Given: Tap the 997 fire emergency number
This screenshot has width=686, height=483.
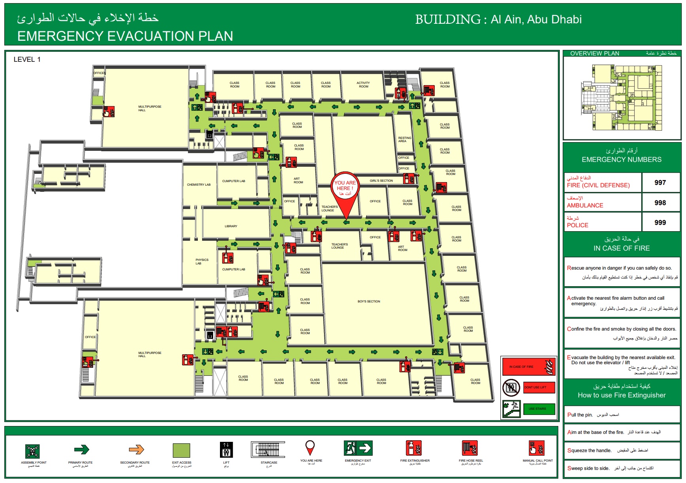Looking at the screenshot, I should [660, 183].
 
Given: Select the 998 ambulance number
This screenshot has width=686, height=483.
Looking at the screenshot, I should [660, 203].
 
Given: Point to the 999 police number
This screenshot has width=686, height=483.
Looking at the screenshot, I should [660, 222].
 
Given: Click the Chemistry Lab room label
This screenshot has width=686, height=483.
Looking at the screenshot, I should [199, 184].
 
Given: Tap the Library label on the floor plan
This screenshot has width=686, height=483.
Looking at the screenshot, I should [231, 226].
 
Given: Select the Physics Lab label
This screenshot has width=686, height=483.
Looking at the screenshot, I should [202, 262].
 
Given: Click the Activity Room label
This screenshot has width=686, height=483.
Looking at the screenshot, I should [363, 85].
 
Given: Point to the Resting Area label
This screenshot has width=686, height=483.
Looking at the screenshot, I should [404, 139].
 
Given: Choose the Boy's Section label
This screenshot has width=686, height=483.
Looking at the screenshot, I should [369, 302].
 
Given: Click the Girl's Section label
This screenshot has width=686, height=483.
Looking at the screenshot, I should [381, 181].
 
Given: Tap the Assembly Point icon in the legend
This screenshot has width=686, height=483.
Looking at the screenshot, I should [32, 451].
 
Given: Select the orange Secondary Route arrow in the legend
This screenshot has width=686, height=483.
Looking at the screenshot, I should [136, 450].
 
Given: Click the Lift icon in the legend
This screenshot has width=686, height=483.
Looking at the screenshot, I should [226, 450].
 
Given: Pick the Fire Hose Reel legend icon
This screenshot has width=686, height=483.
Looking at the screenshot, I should [470, 449].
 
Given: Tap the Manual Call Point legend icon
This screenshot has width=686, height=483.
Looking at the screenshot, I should [537, 449].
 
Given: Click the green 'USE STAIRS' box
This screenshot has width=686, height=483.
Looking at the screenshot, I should [539, 409].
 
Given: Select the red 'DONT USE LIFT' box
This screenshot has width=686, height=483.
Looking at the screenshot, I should [539, 387].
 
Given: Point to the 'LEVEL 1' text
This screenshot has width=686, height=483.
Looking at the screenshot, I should [27, 59].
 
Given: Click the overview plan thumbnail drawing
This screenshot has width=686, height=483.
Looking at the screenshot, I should [622, 98].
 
